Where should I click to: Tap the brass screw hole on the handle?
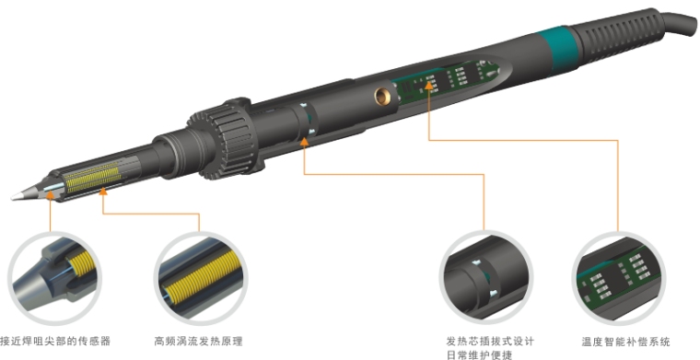[382, 96]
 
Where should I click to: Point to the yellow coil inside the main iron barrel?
[91, 178]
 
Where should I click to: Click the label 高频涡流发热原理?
[198, 342]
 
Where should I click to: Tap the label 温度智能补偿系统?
[625, 343]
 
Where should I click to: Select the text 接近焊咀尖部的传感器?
[55, 342]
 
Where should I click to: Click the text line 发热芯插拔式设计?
[490, 342]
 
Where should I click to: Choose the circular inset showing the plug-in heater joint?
[486, 276]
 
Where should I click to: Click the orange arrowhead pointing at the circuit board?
[429, 84]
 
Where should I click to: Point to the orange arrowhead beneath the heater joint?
[305, 142]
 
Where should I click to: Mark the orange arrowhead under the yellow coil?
[103, 192]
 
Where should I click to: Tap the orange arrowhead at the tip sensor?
[50, 194]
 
